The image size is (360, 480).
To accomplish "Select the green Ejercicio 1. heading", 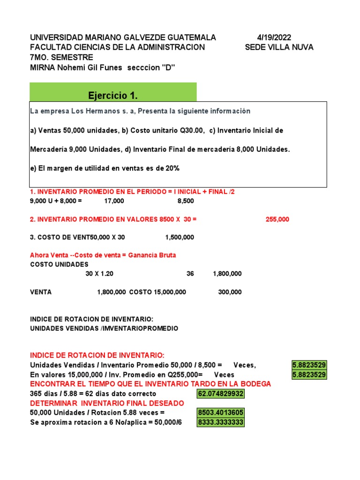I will (113, 96).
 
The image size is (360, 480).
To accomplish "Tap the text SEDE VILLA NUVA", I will (279, 47).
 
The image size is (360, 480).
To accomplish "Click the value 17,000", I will (114, 201).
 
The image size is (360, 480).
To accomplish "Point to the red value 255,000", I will (277, 219).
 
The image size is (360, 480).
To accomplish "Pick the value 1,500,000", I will (180, 237).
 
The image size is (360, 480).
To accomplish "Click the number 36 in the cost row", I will (190, 274).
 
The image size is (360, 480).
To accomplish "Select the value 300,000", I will (230, 292).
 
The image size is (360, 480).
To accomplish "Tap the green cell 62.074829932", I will (221, 394).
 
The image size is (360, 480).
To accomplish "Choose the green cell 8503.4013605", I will (221, 413).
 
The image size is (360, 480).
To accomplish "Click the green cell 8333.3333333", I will (221, 422).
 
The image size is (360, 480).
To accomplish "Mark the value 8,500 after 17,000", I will (186, 201).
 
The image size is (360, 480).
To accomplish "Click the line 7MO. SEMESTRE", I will (61, 57).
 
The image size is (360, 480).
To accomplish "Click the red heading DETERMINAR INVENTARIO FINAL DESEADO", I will (107, 403).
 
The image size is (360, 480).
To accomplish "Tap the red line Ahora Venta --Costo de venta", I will (103, 255).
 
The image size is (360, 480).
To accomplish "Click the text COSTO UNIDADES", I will (59, 264).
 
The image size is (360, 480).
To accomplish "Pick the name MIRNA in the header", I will (43, 67).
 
